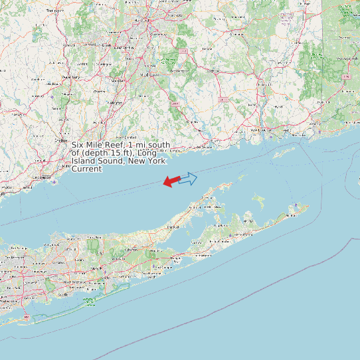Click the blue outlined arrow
[189, 178]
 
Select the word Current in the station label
[87, 169]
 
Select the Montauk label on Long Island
[290, 215]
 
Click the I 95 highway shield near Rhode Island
[347, 77]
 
